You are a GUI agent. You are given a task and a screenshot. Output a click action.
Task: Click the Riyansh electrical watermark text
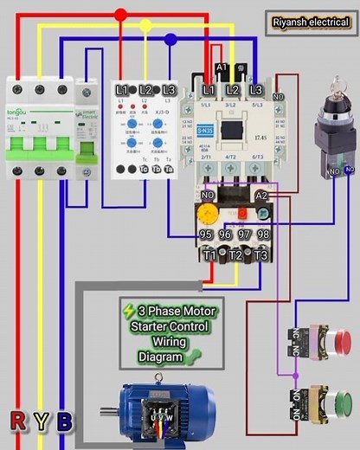[308, 22]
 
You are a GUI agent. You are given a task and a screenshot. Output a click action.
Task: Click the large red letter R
[17, 421]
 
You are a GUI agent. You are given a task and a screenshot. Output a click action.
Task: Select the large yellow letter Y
[41, 421]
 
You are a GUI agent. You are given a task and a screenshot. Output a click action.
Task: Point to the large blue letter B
[64, 421]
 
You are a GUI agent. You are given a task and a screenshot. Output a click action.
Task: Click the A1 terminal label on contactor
[222, 67]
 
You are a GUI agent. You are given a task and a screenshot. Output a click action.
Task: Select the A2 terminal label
[260, 197]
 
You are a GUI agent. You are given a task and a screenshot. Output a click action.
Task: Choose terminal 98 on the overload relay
[262, 234]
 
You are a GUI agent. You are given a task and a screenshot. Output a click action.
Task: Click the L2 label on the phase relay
[145, 90]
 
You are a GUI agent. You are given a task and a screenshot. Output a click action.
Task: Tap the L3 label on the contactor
[255, 90]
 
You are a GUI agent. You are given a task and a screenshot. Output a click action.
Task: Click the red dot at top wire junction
[120, 14]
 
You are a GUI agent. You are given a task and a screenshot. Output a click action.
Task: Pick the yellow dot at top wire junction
[145, 26]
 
